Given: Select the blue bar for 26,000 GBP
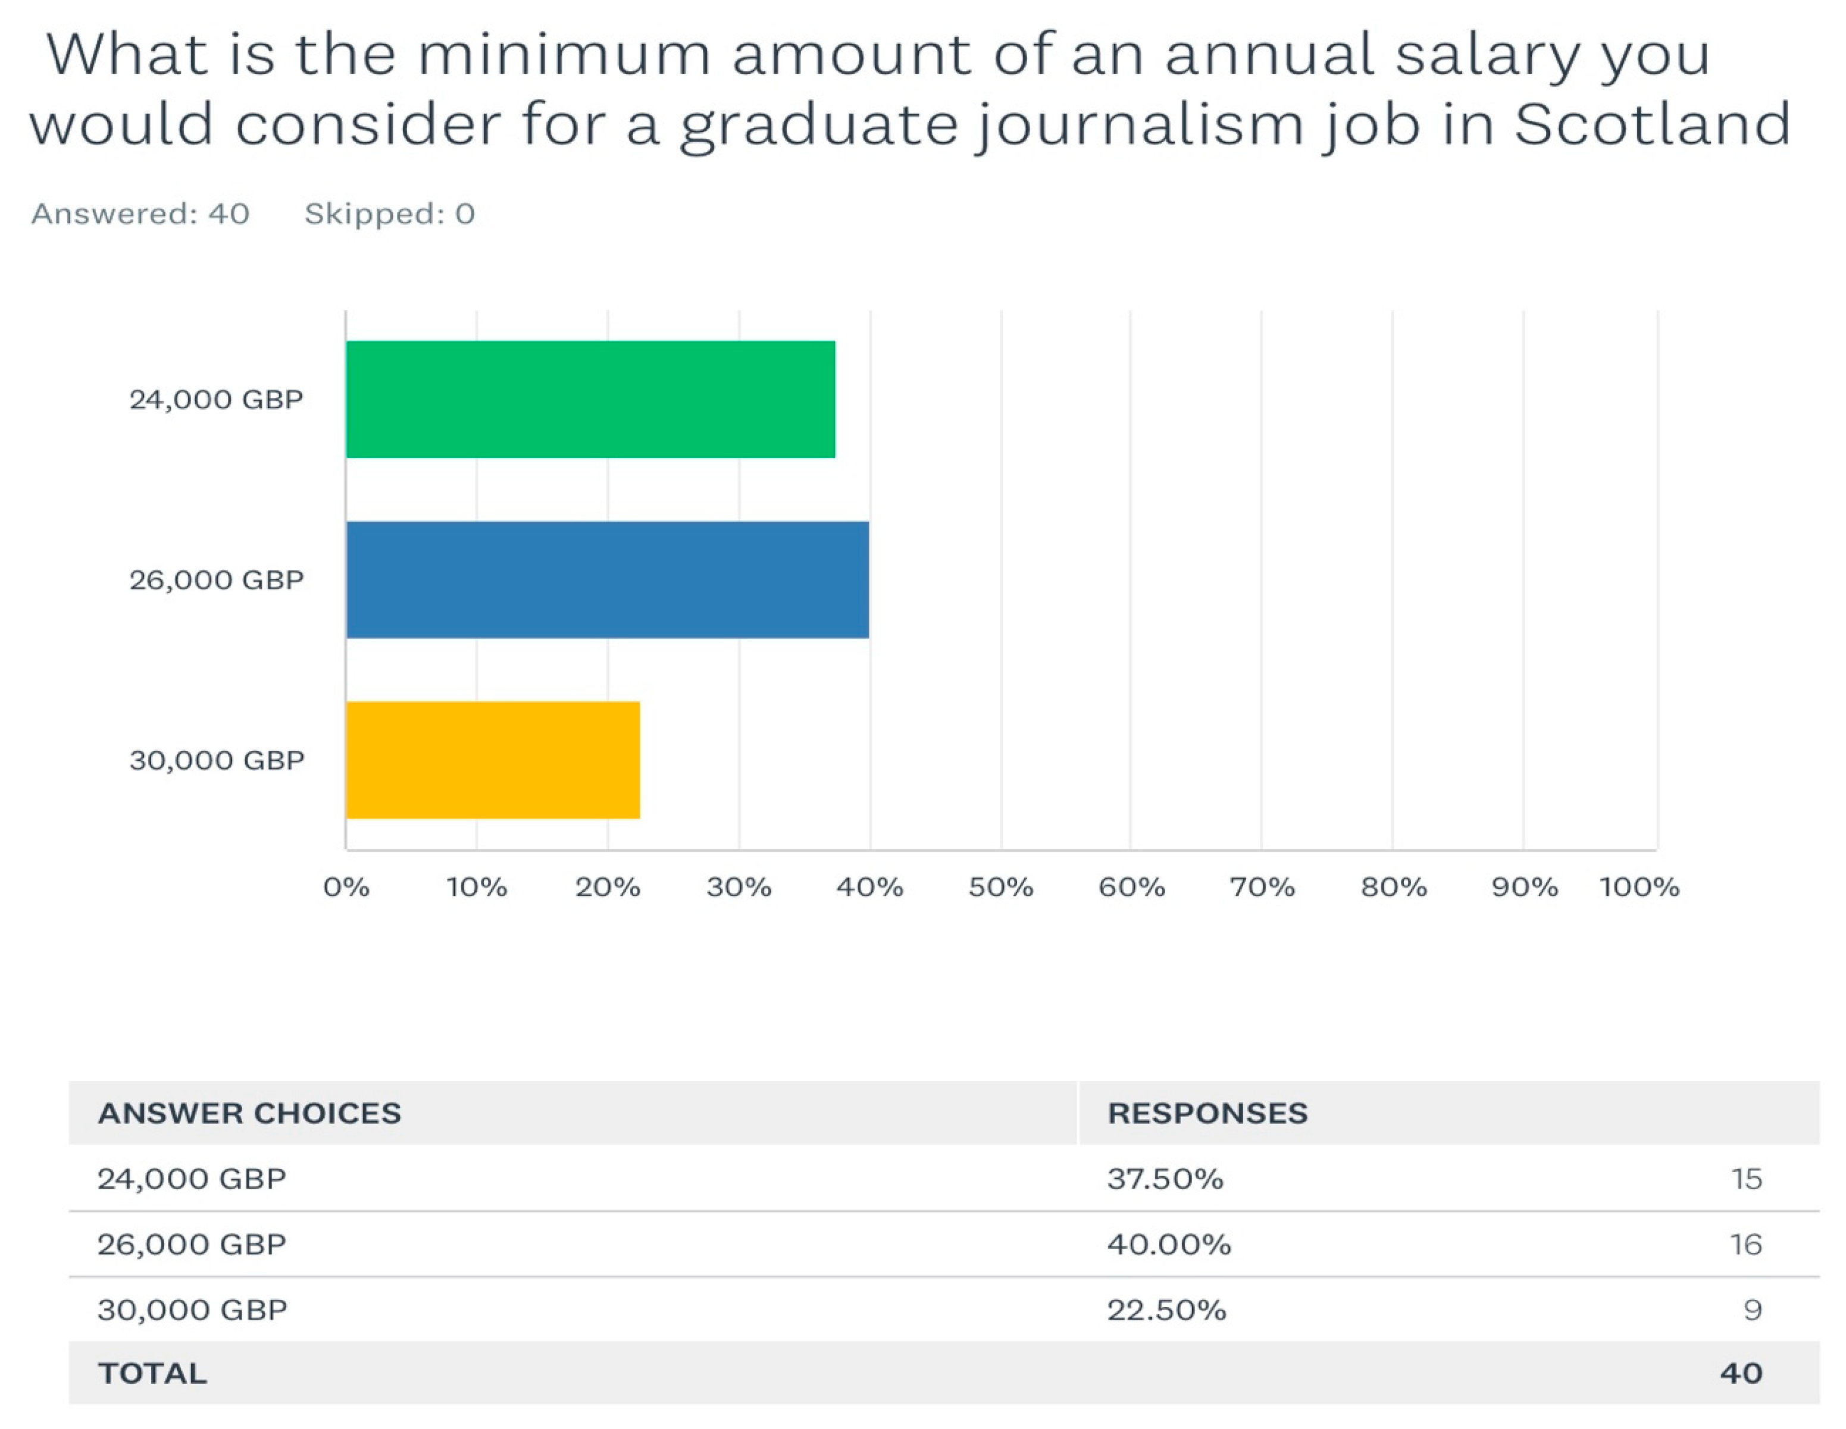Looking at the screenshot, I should (x=607, y=579).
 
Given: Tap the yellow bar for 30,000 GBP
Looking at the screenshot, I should (x=493, y=760).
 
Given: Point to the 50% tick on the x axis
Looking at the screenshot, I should (x=1001, y=887).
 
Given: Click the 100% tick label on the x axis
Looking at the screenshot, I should (x=1638, y=887).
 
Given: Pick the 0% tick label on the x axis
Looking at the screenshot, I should (x=346, y=887).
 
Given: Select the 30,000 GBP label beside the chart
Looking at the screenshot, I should (x=217, y=760).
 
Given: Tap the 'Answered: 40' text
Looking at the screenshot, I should (x=140, y=214).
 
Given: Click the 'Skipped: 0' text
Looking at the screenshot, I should (x=390, y=214).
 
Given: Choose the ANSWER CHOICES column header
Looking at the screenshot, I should (x=249, y=1113).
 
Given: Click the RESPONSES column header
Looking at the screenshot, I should (x=1207, y=1113).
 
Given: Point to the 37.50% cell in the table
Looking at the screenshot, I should (x=1165, y=1179).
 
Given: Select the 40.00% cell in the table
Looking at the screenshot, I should (x=1169, y=1244).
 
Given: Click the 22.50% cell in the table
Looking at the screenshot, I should (x=1166, y=1310).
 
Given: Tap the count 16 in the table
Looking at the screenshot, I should (x=1745, y=1244).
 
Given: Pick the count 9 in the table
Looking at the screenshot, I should (x=1752, y=1310).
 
